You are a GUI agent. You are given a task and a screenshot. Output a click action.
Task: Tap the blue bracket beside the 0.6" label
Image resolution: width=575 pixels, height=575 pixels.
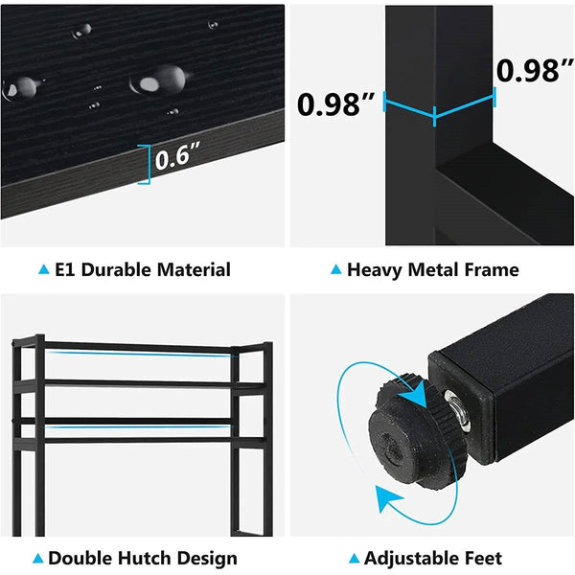146,163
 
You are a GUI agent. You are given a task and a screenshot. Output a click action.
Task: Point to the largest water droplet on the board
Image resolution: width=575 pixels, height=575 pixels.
161,80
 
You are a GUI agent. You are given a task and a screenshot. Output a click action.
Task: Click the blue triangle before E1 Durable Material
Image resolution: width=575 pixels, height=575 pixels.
43,271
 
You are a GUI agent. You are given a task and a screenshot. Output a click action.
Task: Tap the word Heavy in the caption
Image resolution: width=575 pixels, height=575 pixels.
374,270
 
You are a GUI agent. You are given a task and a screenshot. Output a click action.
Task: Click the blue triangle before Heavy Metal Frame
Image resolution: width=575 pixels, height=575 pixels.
335,271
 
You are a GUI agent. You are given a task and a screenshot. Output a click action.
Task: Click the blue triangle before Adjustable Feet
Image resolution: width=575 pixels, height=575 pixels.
356,559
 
